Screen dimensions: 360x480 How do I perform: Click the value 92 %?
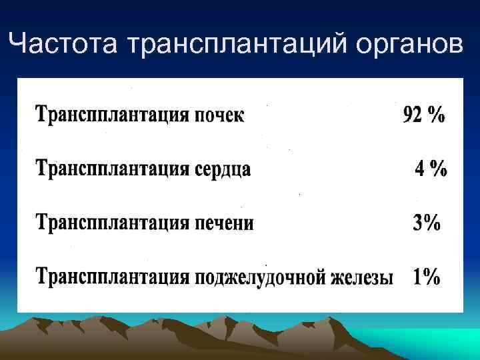click(423, 115)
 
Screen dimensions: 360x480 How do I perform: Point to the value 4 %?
click(431, 169)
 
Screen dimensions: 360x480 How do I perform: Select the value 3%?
click(427, 223)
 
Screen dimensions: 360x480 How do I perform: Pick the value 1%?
click(427, 277)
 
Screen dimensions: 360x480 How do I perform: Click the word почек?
click(219, 116)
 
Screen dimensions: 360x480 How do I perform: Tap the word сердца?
click(223, 169)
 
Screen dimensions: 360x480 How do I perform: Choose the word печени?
click(224, 223)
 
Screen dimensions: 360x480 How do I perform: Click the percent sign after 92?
click(437, 115)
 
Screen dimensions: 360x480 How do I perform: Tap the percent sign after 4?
click(438, 169)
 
